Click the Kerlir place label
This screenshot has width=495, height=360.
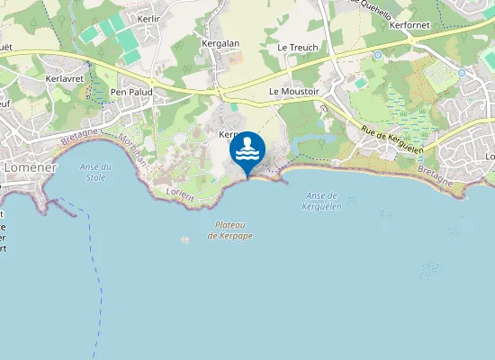pyautogui.click(x=148, y=18)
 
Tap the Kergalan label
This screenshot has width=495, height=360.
pyautogui.click(x=220, y=43)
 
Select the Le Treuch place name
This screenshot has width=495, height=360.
pyautogui.click(x=297, y=47)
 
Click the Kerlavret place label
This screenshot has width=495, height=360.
pyautogui.click(x=64, y=79)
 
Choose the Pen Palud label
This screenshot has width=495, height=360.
pyautogui.click(x=131, y=92)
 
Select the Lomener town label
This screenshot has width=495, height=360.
pyautogui.click(x=31, y=167)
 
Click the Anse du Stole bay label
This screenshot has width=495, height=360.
pyautogui.click(x=94, y=172)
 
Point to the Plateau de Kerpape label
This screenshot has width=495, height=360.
pyautogui.click(x=230, y=229)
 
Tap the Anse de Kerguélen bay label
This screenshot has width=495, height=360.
pyautogui.click(x=321, y=201)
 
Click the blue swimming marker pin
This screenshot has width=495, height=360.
pyautogui.click(x=247, y=149)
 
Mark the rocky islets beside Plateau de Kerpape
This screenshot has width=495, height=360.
pyautogui.click(x=186, y=239)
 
